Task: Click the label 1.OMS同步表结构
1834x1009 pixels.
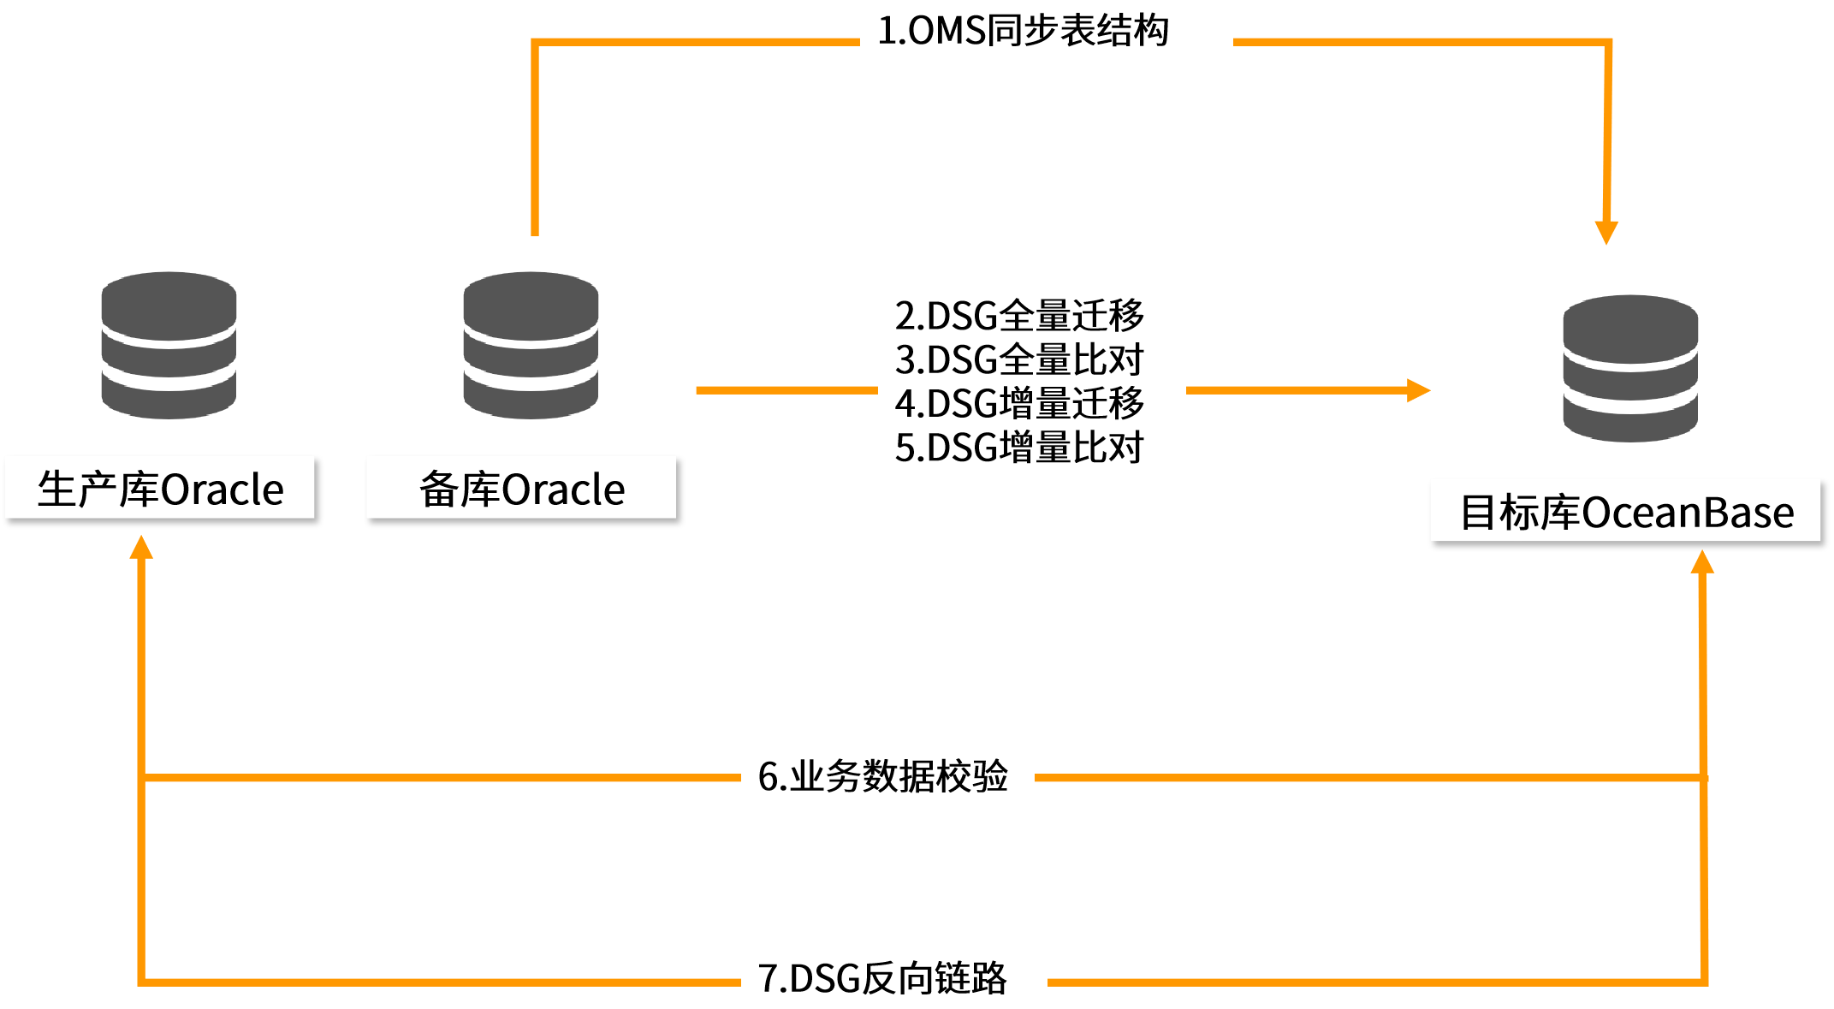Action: [1024, 31]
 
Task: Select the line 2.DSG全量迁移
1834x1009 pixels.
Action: [1019, 316]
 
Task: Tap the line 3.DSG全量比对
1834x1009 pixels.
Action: [1019, 359]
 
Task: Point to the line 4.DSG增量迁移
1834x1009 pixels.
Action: [1019, 404]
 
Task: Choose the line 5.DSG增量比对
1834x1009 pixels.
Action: [1019, 448]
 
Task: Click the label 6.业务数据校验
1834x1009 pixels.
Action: [884, 776]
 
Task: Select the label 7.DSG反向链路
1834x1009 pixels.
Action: [883, 978]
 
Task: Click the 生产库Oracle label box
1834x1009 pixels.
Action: [160, 488]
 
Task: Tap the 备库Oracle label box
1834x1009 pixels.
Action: [521, 488]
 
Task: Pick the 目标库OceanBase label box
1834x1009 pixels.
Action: [1625, 511]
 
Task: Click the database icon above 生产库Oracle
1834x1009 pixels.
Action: [169, 345]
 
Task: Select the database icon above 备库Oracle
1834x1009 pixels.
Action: [531, 345]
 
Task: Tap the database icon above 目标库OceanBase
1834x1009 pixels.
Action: [1630, 368]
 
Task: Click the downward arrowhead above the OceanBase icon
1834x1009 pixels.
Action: [1606, 232]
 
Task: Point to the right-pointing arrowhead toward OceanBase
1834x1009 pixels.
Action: [1418, 390]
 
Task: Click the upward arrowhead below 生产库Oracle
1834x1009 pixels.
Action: [141, 548]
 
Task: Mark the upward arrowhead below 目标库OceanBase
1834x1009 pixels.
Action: [1702, 562]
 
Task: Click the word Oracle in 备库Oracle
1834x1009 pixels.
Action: [563, 490]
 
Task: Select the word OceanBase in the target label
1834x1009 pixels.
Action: [1687, 513]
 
